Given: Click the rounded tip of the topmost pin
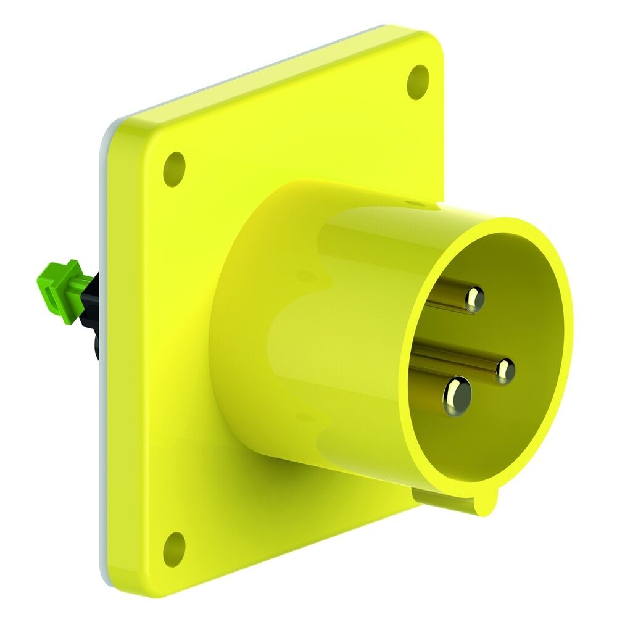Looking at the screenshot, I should pyautogui.click(x=474, y=299).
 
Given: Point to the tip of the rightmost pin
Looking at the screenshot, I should pyautogui.click(x=505, y=371).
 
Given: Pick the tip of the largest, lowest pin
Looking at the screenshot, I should pyautogui.click(x=457, y=395).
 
